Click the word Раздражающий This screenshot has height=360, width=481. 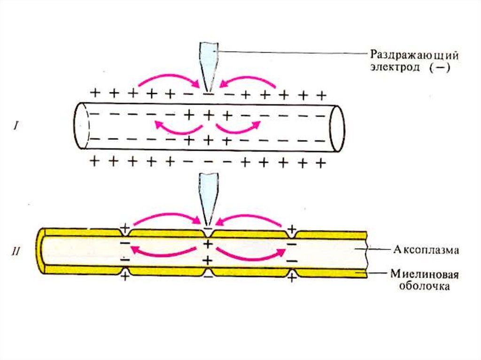[x=413, y=55]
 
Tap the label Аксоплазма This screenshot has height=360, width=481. [x=425, y=250]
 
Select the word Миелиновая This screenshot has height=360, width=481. [x=424, y=274]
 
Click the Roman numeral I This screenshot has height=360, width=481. [x=16, y=126]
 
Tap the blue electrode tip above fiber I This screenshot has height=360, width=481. [x=209, y=66]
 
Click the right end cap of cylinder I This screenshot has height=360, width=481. [x=337, y=128]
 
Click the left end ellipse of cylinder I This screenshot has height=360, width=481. [x=82, y=126]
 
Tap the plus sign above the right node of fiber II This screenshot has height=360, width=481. [x=292, y=229]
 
